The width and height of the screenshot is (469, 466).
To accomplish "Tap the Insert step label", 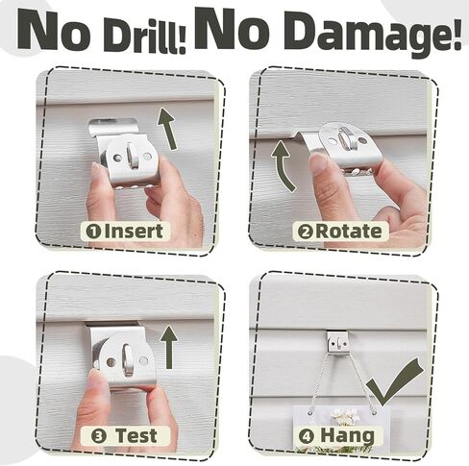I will (x=132, y=231).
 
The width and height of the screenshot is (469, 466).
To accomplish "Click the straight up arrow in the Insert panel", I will (x=168, y=127).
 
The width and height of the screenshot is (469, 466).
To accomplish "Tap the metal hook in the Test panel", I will (x=120, y=354).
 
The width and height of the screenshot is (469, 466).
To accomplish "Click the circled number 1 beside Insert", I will (x=93, y=231).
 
